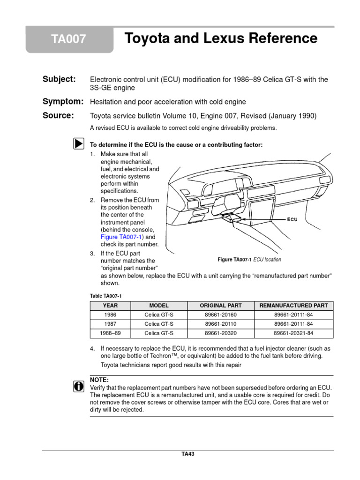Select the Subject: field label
click(x=59, y=80)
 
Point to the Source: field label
click(x=58, y=116)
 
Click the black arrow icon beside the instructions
click(x=78, y=144)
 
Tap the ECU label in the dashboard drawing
click(x=292, y=219)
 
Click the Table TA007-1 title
click(x=105, y=295)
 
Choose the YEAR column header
click(x=110, y=306)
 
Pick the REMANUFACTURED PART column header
click(x=293, y=306)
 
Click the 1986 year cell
click(x=110, y=315)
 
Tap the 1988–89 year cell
click(x=110, y=333)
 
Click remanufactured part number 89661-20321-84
click(x=293, y=333)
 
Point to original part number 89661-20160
click(x=221, y=315)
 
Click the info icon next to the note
click(x=78, y=386)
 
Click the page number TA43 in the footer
click(x=187, y=454)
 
